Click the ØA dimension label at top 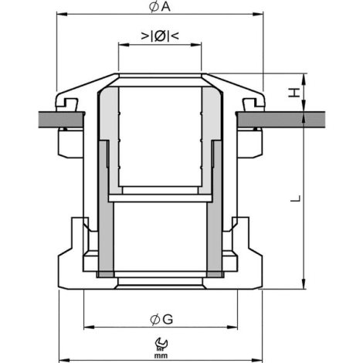tap(160, 7)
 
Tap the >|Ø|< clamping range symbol tap(160, 36)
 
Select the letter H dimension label tap(294, 93)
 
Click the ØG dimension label tap(161, 320)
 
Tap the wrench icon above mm tap(161, 344)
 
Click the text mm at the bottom tap(161, 356)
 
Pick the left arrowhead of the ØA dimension tap(62, 14)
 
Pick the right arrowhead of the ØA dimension tap(258, 14)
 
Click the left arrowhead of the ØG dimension tap(89, 327)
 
